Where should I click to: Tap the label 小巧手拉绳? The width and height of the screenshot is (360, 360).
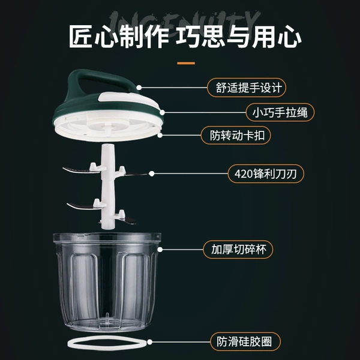tap(280, 113)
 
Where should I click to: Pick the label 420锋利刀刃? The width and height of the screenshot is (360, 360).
tap(266, 173)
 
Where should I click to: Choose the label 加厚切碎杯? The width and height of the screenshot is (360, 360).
tap(238, 250)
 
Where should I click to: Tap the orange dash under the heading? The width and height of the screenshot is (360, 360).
tap(186, 63)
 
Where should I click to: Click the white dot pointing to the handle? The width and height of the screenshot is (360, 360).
tap(139, 88)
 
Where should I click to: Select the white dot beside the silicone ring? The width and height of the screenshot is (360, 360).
tap(149, 342)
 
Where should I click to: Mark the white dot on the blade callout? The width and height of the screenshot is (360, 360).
tap(151, 174)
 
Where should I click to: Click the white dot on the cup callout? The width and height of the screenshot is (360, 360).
tap(160, 250)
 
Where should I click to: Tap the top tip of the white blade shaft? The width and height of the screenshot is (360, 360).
tap(108, 145)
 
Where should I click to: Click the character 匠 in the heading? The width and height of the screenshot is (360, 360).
tap(81, 36)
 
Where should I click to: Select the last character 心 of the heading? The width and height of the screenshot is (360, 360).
tap(290, 36)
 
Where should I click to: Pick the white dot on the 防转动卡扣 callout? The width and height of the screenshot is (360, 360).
tap(160, 135)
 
